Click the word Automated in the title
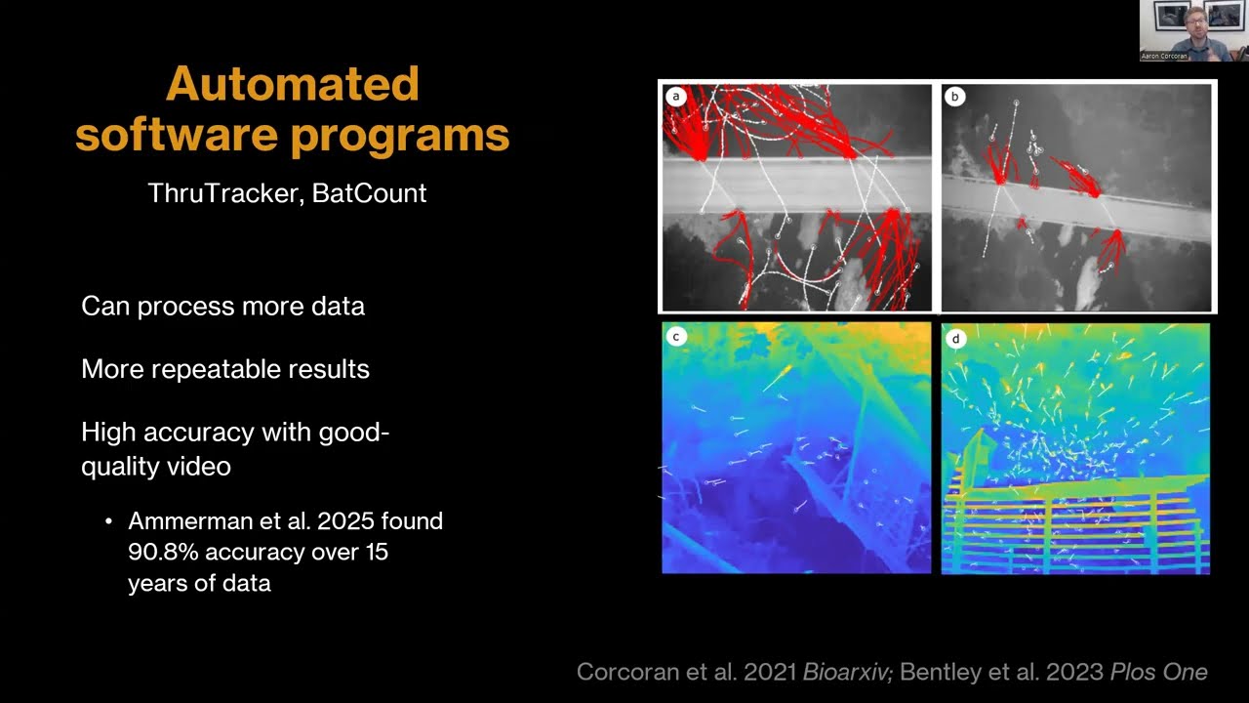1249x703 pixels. (x=293, y=84)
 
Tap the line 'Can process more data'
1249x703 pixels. (x=222, y=307)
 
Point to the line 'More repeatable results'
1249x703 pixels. (x=225, y=369)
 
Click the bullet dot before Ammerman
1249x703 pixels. (x=108, y=522)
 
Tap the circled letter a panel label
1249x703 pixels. (x=675, y=96)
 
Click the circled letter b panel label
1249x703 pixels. (x=954, y=96)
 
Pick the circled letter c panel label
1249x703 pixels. (x=675, y=337)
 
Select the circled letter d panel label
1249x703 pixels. (x=955, y=339)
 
